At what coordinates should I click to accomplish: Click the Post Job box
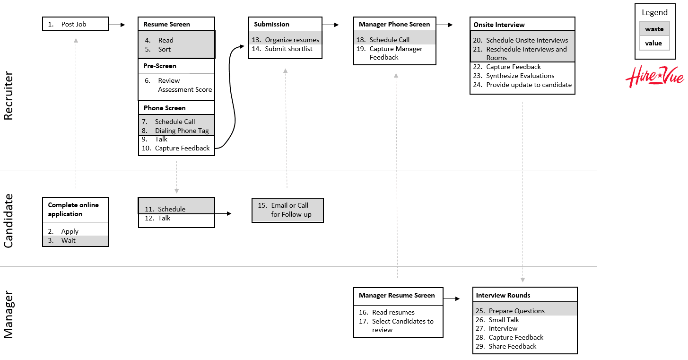75,24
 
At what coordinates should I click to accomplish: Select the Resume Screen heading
166,24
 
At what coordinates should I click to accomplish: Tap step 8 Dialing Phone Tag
182,131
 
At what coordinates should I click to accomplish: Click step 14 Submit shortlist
288,49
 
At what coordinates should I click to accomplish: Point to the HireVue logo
654,77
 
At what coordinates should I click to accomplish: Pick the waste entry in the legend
654,29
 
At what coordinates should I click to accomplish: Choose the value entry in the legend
654,43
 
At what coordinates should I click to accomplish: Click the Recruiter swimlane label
9,96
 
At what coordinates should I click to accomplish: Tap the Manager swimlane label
9,315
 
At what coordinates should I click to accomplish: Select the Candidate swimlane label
9,220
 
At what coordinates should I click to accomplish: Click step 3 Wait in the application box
68,240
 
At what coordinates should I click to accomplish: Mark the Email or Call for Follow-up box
287,210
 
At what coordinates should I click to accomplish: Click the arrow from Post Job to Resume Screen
117,24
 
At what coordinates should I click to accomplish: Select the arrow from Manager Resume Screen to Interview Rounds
452,299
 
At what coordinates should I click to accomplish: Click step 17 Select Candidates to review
402,325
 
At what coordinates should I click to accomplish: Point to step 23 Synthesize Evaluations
520,76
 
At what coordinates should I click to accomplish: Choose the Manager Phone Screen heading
394,24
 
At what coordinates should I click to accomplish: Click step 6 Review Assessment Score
184,85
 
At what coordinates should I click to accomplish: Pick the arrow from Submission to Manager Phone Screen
331,24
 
